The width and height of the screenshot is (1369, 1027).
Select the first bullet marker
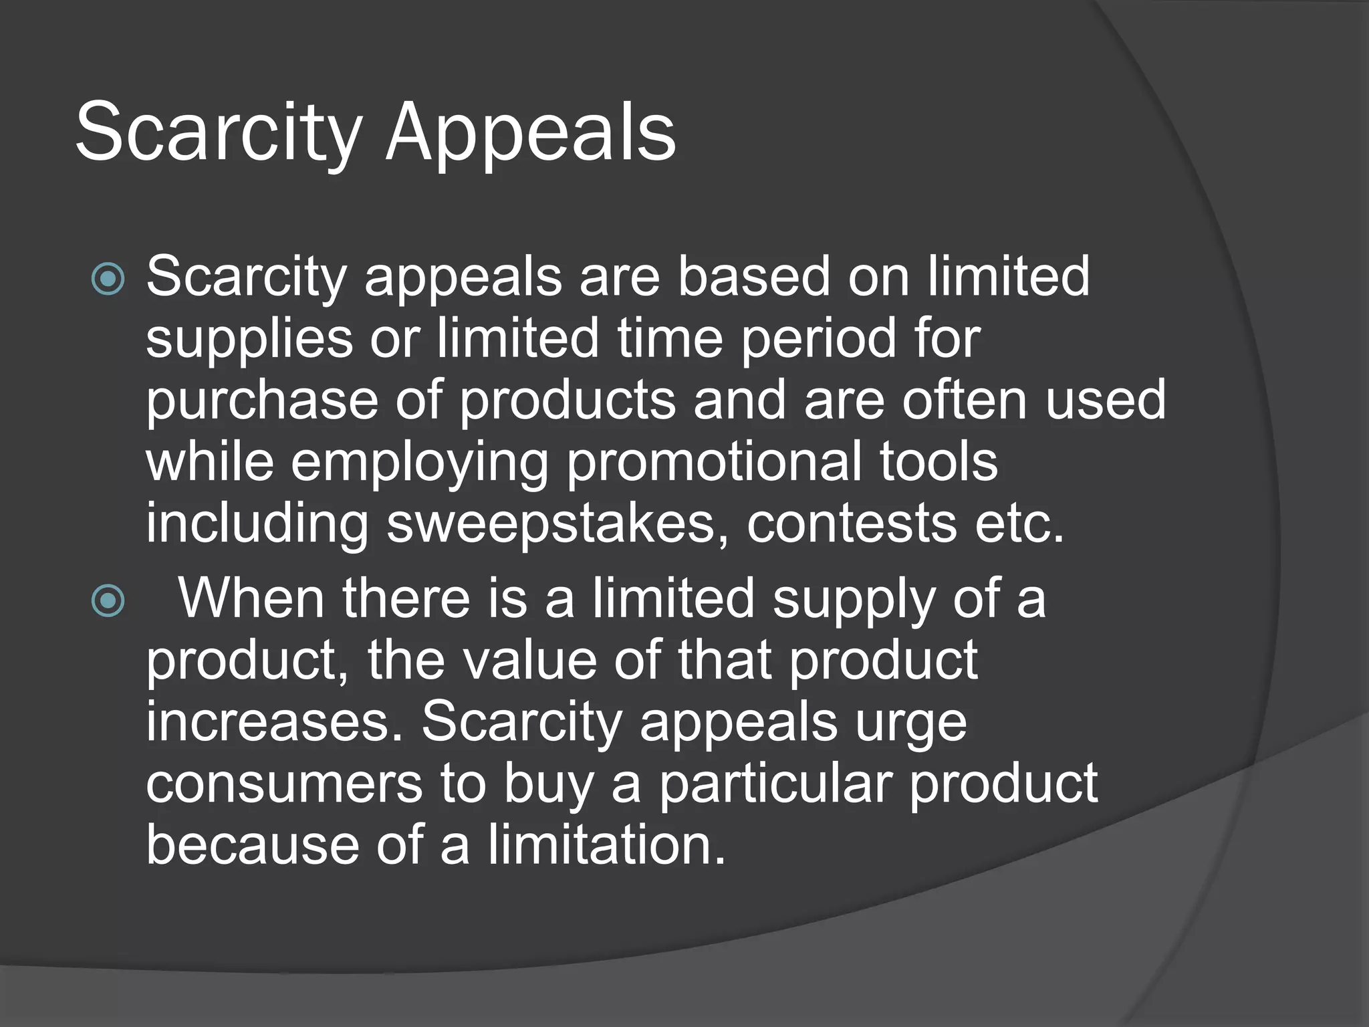pos(108,279)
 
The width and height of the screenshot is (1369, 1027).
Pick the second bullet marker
pos(108,600)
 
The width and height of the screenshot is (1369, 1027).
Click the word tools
pos(938,461)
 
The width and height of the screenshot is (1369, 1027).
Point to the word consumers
pos(284,783)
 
